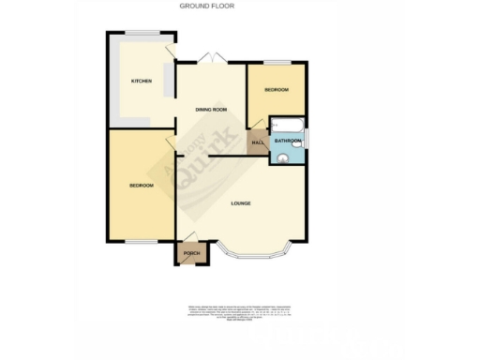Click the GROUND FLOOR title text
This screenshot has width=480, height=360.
[206, 6]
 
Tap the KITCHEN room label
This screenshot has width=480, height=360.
[142, 81]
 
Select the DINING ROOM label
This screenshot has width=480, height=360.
[211, 110]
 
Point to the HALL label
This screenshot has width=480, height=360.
[256, 142]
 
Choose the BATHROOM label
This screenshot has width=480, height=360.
[288, 142]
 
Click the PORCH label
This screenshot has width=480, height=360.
[191, 253]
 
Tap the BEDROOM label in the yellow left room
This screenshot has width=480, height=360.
[142, 186]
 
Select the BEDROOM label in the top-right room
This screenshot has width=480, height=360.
[276, 90]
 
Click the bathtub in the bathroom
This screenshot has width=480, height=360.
[286, 126]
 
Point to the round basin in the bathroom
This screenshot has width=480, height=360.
[284, 157]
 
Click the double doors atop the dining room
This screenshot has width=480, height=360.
[214, 60]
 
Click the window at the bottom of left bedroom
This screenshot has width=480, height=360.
[141, 242]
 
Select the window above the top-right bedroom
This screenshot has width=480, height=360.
[275, 62]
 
